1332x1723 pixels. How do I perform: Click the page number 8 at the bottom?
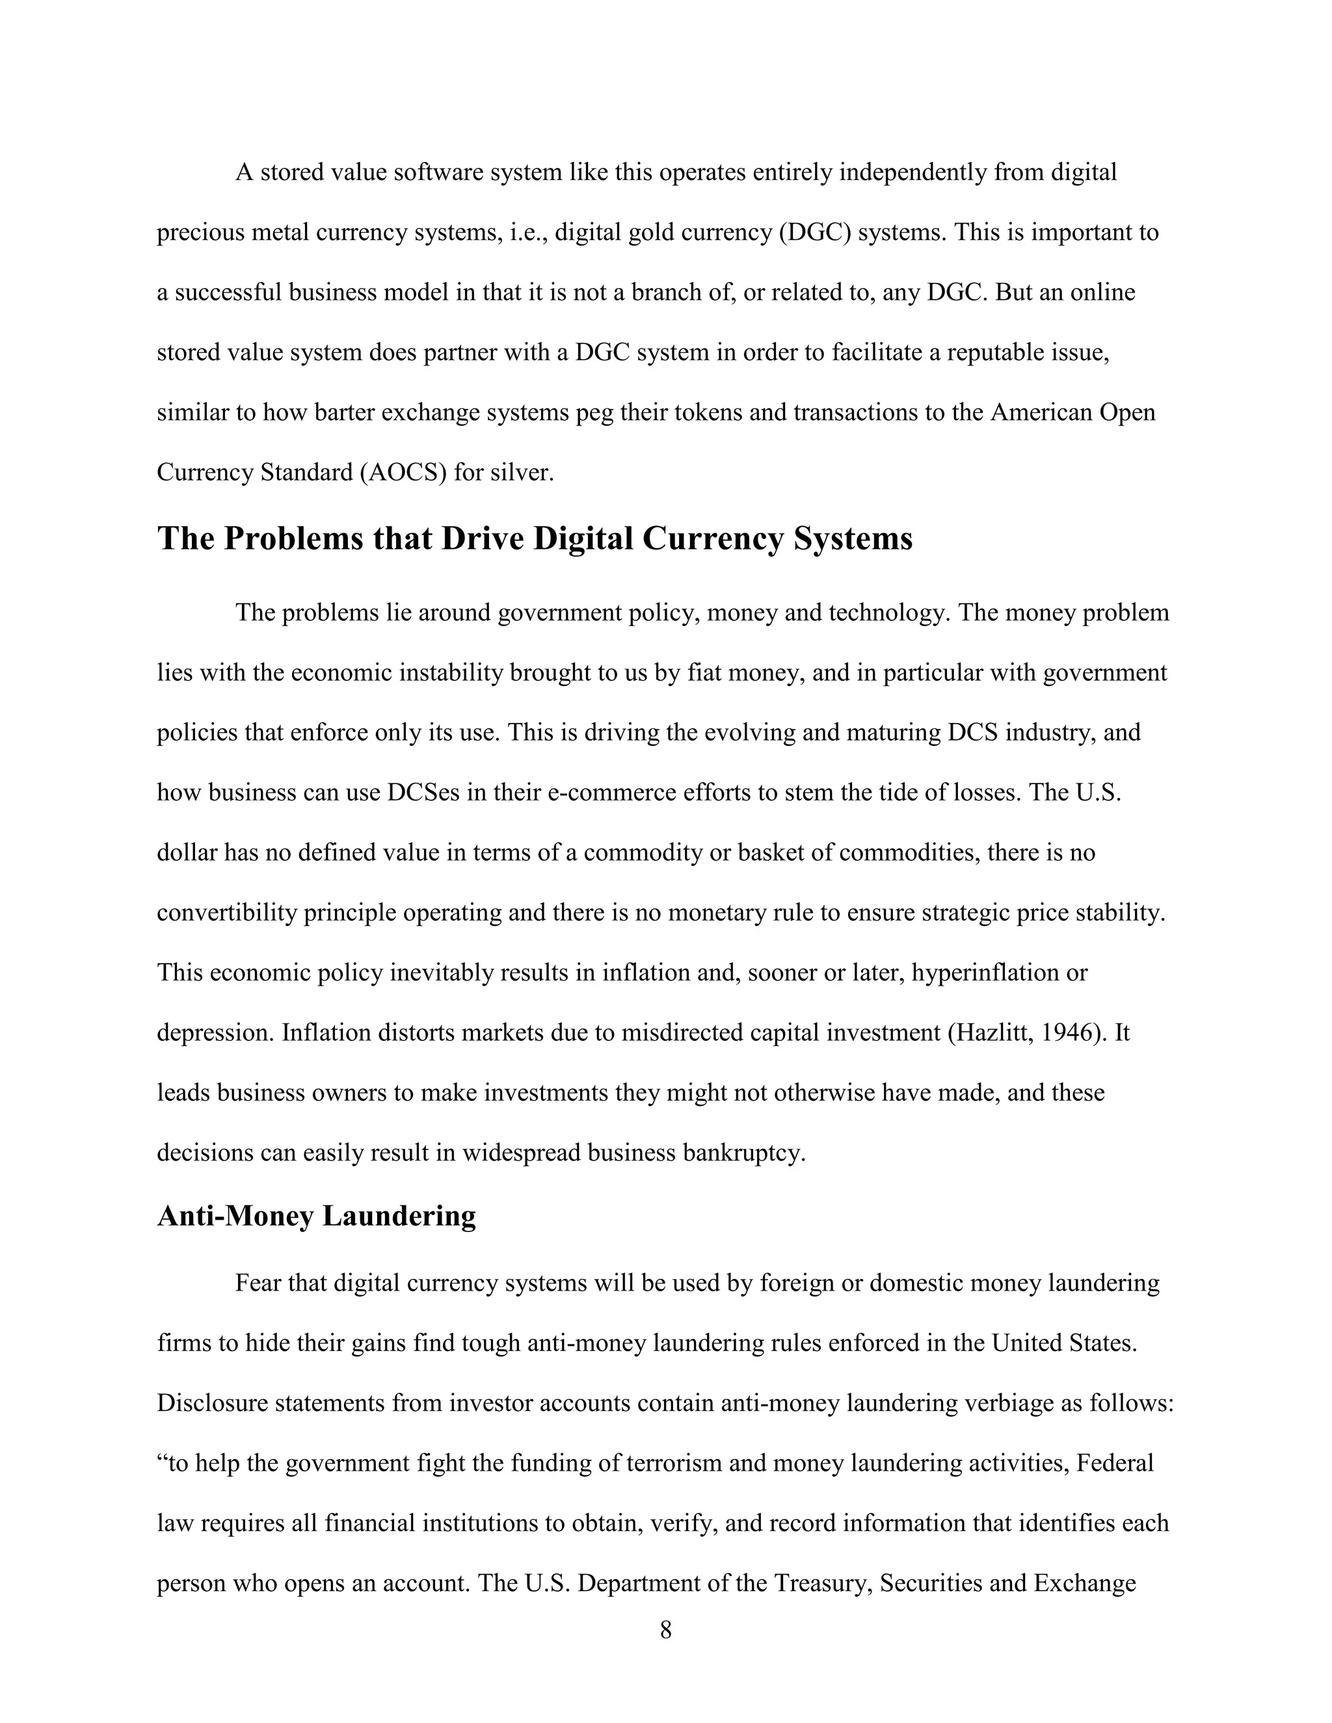coord(665,1630)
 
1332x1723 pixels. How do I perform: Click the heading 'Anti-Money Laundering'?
coord(317,1216)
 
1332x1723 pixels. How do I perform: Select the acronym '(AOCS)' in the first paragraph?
coord(403,473)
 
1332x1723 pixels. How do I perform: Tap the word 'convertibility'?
coord(227,913)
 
